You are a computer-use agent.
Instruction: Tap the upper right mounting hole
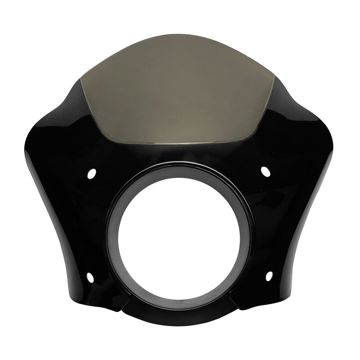pos(265,171)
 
